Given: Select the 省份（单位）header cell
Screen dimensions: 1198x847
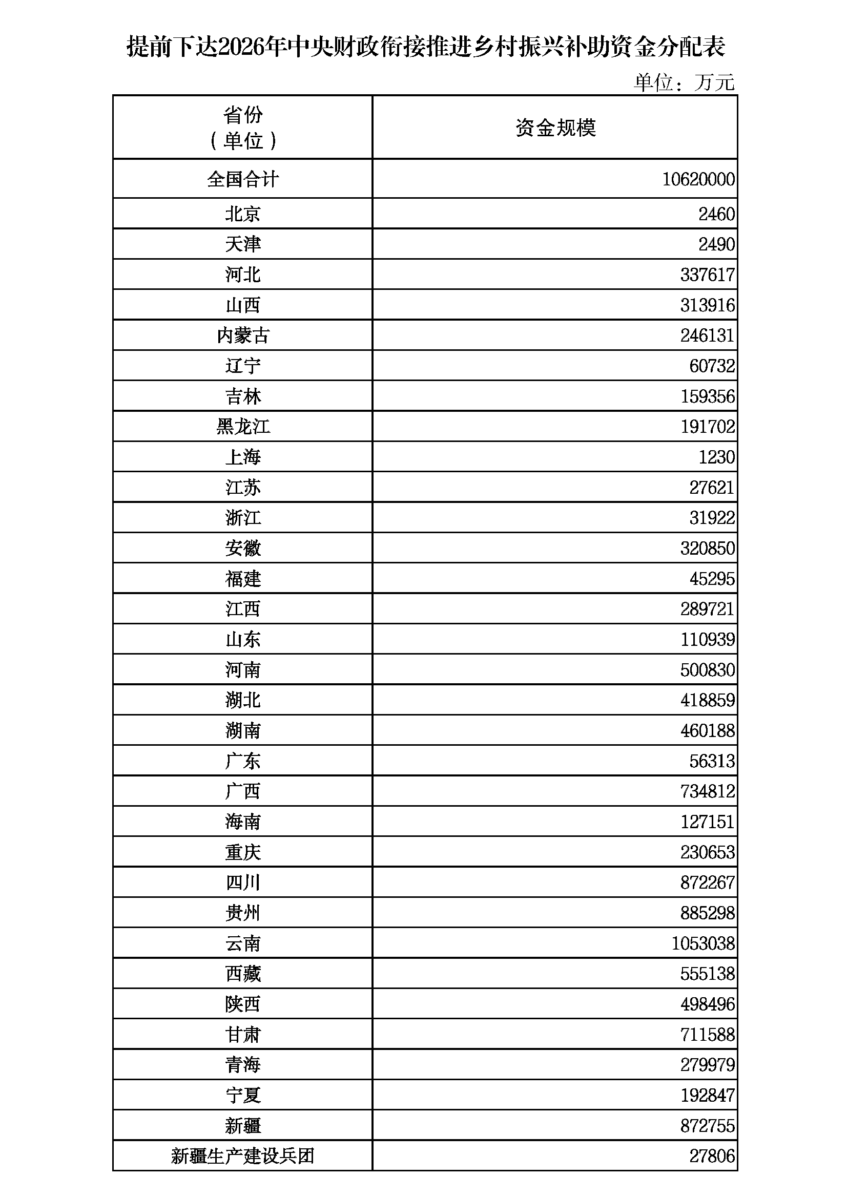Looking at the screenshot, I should [243, 128].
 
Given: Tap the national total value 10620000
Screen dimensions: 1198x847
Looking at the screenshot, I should [698, 179].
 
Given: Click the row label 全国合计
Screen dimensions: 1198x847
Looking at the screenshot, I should [243, 179].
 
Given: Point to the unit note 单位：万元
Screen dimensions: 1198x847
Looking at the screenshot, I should [684, 82].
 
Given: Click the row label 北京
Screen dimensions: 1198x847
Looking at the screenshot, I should [243, 214].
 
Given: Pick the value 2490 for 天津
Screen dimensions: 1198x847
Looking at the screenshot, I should [716, 244].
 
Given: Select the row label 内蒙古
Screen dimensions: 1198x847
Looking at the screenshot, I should [243, 335].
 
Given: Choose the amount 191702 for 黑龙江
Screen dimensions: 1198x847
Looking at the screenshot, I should [707, 427].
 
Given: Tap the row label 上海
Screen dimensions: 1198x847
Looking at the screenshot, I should [243, 457].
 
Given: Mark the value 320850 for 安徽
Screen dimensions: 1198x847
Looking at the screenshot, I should [707, 549].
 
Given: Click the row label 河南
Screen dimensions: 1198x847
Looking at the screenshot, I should [243, 670].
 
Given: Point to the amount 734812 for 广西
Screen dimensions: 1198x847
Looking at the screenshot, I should [707, 791].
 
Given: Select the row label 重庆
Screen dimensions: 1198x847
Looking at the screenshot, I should [243, 853].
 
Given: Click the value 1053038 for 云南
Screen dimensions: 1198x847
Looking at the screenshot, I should [703, 943].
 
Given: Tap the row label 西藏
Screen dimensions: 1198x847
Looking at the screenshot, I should [243, 974].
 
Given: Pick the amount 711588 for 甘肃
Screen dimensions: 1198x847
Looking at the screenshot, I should [707, 1035].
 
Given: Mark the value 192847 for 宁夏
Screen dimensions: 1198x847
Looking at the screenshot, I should [707, 1095].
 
